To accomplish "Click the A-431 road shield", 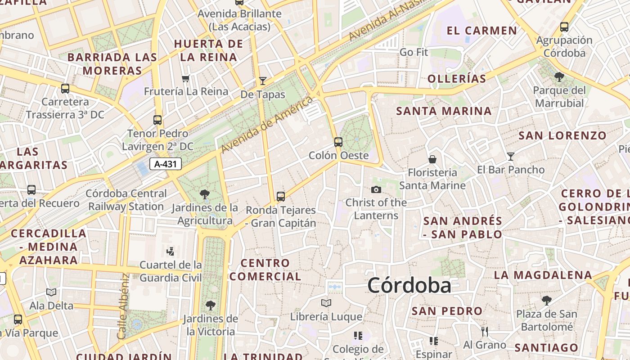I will pyautogui.click(x=165, y=164).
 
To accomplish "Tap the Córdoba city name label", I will pyautogui.click(x=409, y=286).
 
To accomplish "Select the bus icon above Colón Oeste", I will pyautogui.click(x=338, y=142).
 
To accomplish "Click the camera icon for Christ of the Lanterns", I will pyautogui.click(x=376, y=189).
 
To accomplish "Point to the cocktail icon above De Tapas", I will pyautogui.click(x=263, y=81).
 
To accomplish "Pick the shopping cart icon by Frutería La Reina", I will pyautogui.click(x=185, y=79).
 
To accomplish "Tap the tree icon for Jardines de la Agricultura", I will pyautogui.click(x=205, y=194).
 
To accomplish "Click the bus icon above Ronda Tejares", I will pyautogui.click(x=281, y=196).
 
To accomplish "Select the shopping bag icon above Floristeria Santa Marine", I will pyautogui.click(x=432, y=159).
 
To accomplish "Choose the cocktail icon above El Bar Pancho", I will pyautogui.click(x=511, y=157).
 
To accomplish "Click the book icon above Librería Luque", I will pyautogui.click(x=326, y=303).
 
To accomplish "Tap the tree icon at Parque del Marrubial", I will pyautogui.click(x=559, y=77).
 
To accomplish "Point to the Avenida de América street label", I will pyautogui.click(x=267, y=124).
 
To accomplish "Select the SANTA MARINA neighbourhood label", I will pyautogui.click(x=444, y=111).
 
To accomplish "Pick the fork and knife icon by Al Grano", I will pyautogui.click(x=485, y=332).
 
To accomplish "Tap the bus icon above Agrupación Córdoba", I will pyautogui.click(x=564, y=27).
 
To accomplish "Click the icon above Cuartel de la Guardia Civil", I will pyautogui.click(x=171, y=251).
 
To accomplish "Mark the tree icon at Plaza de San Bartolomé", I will pyautogui.click(x=547, y=300).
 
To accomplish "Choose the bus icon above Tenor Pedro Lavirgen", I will pyautogui.click(x=157, y=120).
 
